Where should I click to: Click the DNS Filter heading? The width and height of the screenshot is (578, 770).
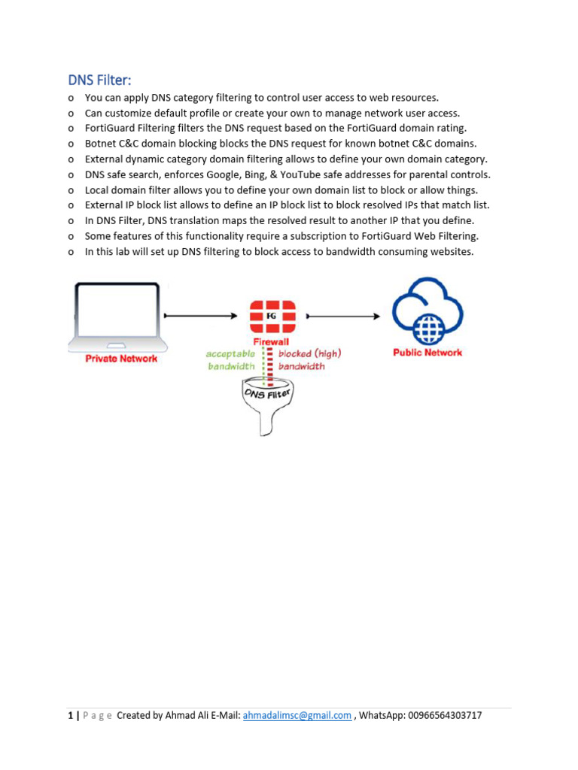click(99, 80)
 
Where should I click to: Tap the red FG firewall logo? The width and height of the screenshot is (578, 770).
click(272, 317)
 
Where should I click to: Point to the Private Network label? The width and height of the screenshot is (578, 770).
click(121, 359)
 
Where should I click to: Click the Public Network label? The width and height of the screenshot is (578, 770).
click(427, 352)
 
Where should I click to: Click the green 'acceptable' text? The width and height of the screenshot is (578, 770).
click(230, 353)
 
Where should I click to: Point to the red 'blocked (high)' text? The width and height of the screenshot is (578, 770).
click(309, 353)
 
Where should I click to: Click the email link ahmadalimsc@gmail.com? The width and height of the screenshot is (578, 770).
click(297, 716)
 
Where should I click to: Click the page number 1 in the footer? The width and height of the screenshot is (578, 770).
click(70, 716)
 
